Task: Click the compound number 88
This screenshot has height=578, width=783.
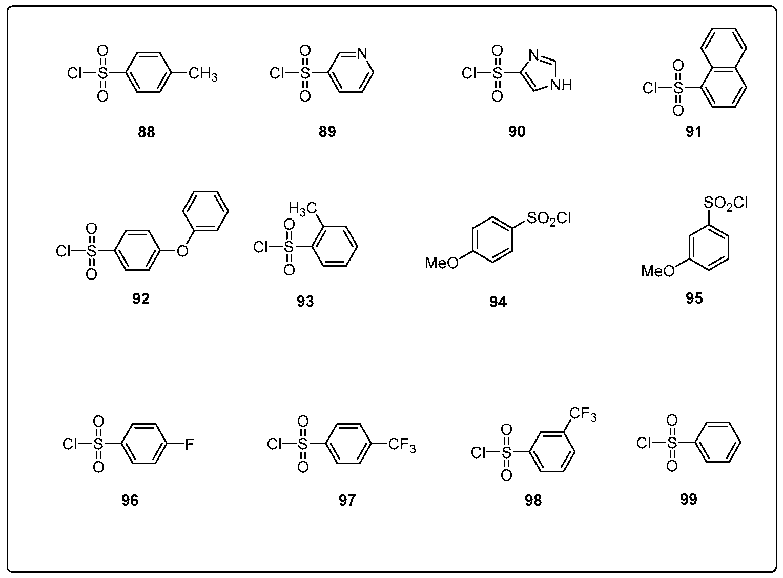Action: click(x=146, y=132)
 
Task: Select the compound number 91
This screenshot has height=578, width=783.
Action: click(x=693, y=132)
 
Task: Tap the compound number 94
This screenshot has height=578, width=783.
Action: click(x=498, y=303)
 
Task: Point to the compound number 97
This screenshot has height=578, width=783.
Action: click(x=346, y=500)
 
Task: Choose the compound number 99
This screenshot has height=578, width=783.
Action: click(x=689, y=499)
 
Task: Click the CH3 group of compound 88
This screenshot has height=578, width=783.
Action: click(x=202, y=75)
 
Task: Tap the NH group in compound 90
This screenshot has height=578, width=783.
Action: click(x=561, y=85)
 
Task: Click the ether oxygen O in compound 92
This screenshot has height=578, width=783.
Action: click(x=182, y=251)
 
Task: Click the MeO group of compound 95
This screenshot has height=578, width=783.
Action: click(x=658, y=271)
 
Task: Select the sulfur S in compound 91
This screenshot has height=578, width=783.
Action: click(x=678, y=88)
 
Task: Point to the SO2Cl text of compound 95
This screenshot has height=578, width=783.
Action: click(x=726, y=204)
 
